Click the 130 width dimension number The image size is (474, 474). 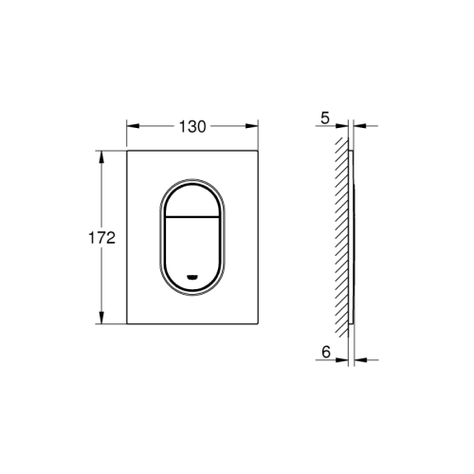192,126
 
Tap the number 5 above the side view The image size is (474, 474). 324,118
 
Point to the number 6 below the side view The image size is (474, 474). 324,352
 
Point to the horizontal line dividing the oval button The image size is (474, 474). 192,215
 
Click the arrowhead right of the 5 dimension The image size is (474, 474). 357,125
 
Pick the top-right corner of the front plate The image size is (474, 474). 258,150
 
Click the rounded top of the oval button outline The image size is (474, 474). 192,176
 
